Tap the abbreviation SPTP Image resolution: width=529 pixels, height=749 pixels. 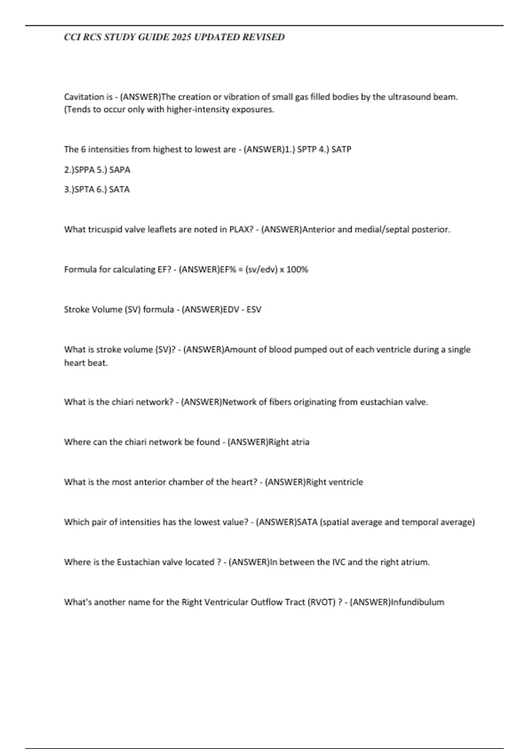coord(307,149)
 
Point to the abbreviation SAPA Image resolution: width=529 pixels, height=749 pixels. coord(120,170)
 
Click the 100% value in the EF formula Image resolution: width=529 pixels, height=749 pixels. coord(297,269)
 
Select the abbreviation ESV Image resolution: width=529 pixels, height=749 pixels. coord(254,309)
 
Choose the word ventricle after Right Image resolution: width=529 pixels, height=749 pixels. coord(346,482)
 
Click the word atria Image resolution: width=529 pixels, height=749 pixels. coord(300,442)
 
